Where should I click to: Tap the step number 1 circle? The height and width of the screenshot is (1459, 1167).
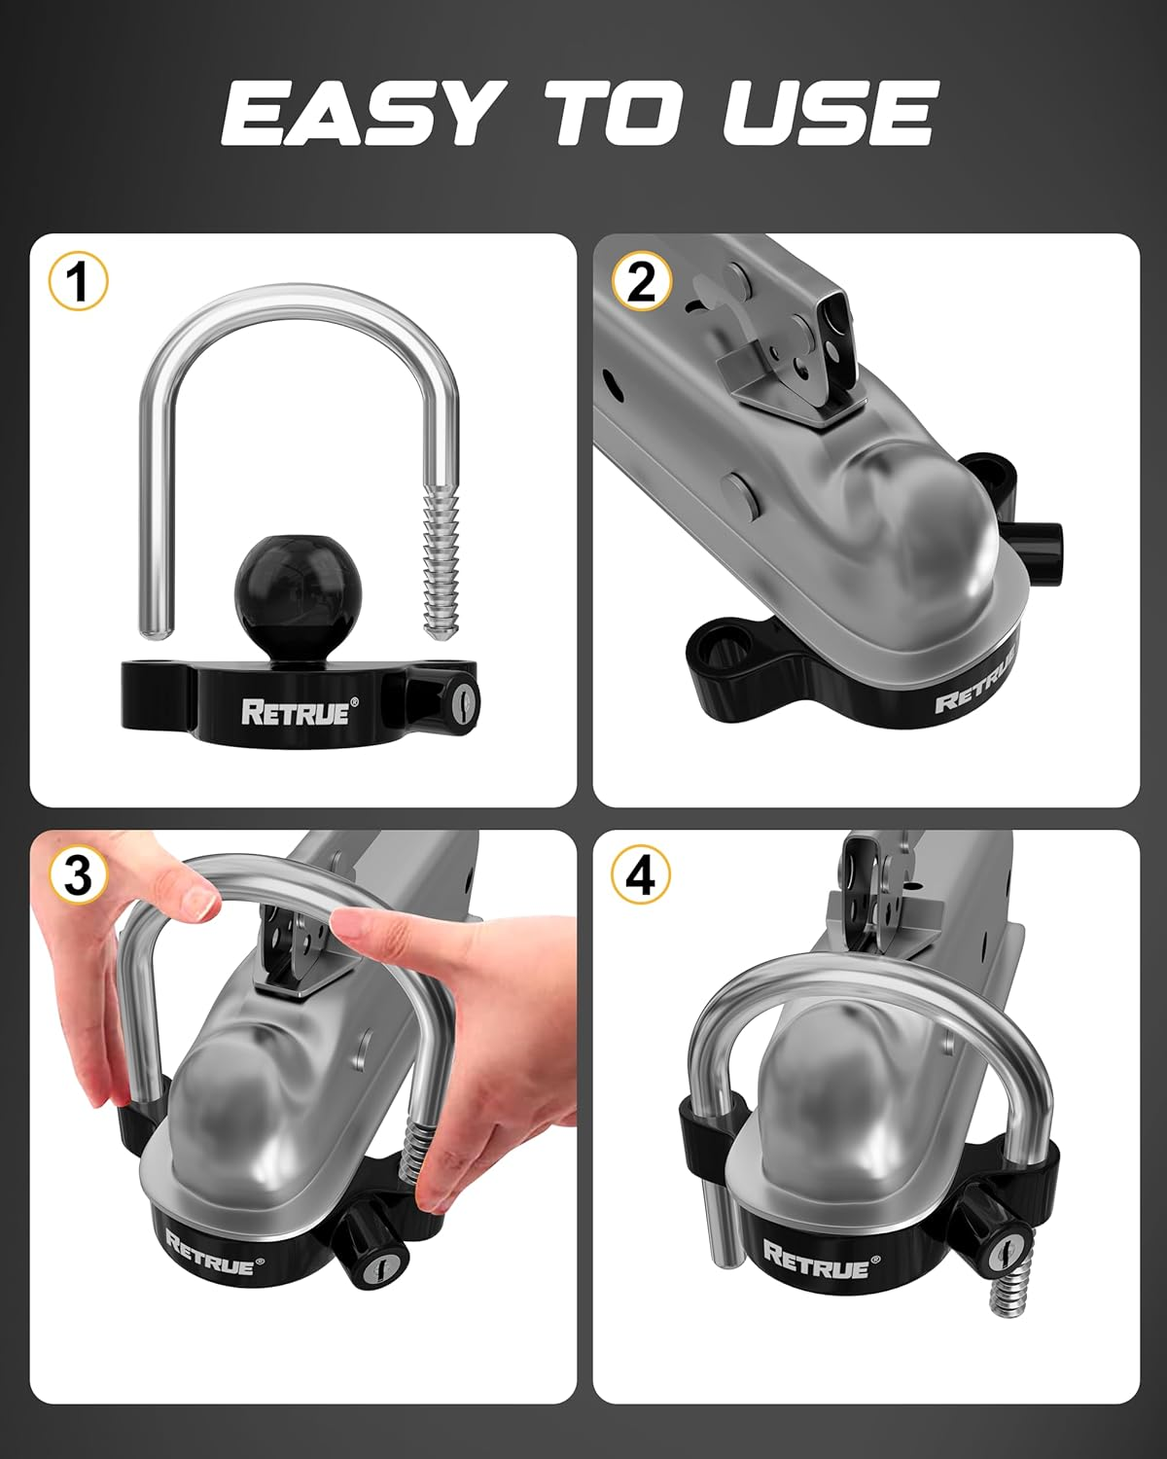point(78,282)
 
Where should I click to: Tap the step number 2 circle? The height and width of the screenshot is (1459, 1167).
point(642,282)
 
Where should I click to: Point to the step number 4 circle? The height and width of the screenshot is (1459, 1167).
point(641,876)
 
